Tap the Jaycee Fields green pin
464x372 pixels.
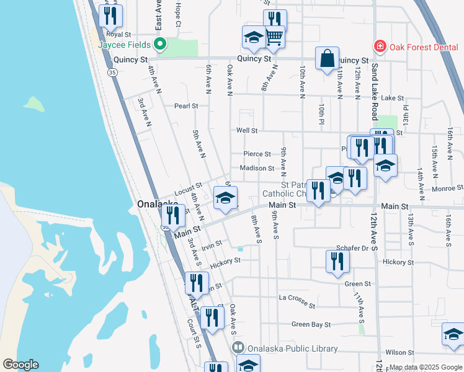[159, 44]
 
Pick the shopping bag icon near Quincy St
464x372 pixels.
[327, 59]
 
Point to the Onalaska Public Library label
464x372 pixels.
[293, 349]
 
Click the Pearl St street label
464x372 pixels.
[185, 106]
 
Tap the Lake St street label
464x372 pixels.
[392, 98]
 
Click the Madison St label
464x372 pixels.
[257, 168]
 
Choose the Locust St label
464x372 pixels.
[189, 187]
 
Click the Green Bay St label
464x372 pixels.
[309, 324]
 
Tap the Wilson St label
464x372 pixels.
[399, 352]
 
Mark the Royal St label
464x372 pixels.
[118, 35]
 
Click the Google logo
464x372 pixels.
[20, 365]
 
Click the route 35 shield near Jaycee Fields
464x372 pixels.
[112, 73]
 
